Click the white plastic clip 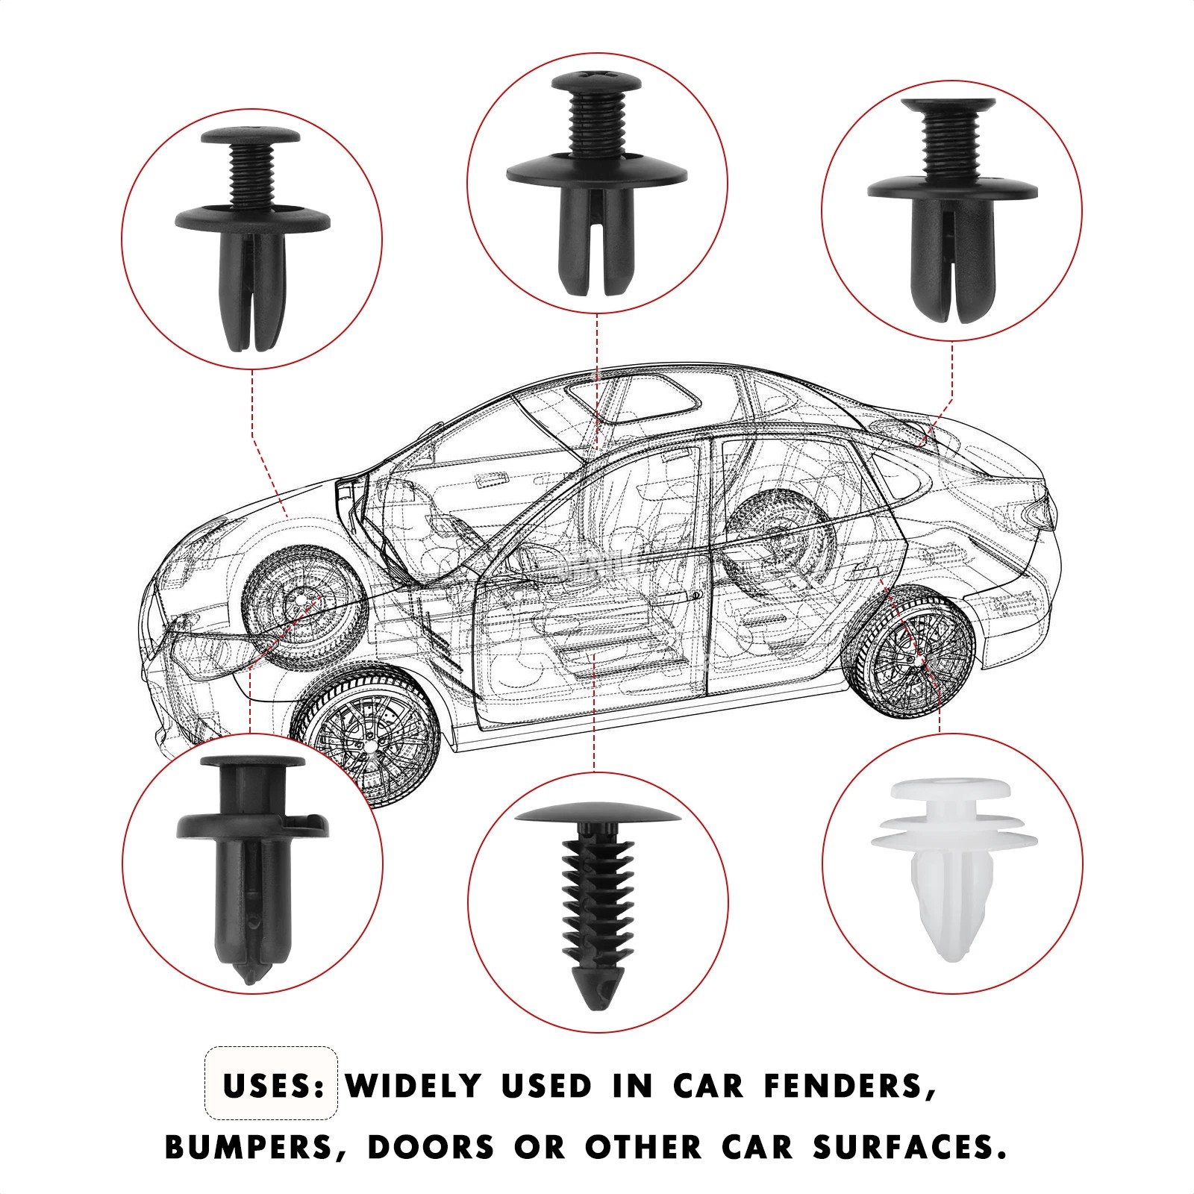tap(954, 869)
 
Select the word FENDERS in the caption tap(849, 1087)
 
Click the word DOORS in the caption tap(430, 1146)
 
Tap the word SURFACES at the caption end tap(908, 1146)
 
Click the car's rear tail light tap(1036, 513)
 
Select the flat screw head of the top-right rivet tap(948, 107)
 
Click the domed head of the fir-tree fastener tap(597, 814)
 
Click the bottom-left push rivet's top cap tap(252, 765)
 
